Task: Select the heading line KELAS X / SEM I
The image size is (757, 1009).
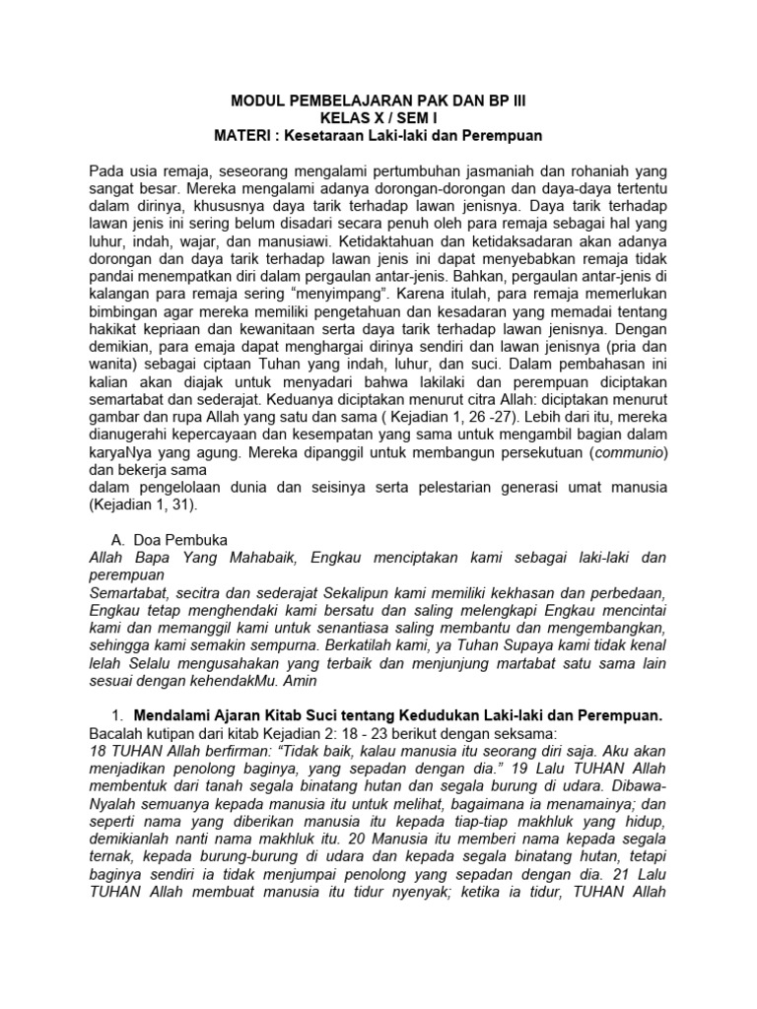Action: coord(378,117)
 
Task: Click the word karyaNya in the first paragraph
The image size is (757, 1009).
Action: coord(119,451)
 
